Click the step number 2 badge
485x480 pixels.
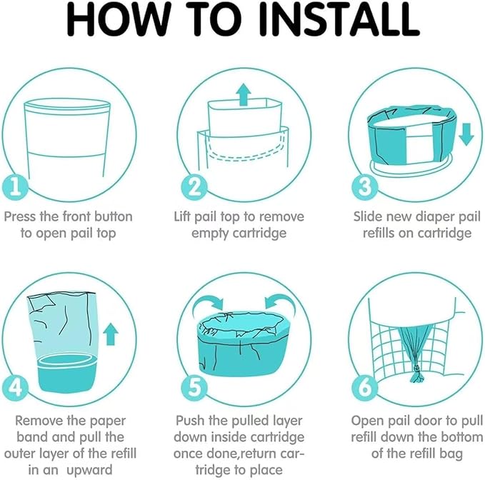coord(194,188)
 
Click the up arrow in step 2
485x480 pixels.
coord(244,94)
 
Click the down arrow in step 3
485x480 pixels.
coord(466,133)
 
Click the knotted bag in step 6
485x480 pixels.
coord(414,350)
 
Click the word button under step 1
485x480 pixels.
coord(109,216)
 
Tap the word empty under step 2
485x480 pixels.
coord(209,233)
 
